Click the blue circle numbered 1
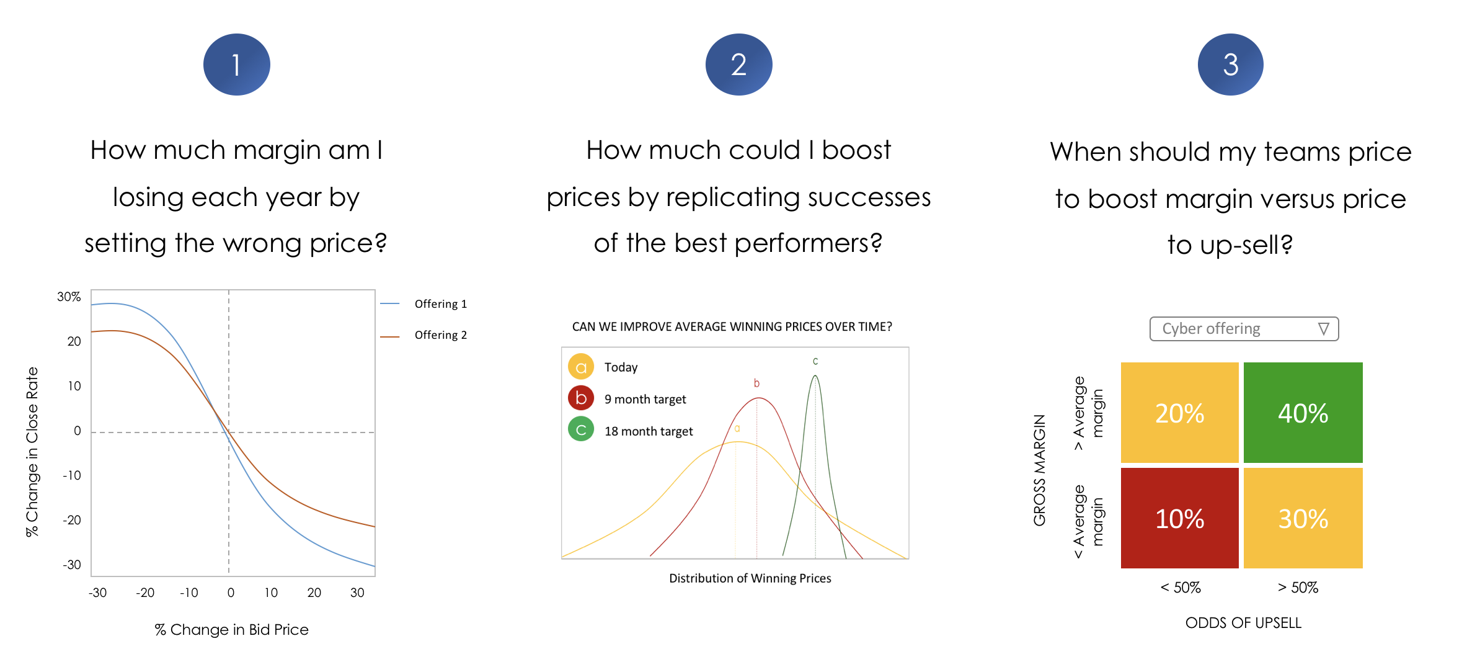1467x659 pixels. coord(236,65)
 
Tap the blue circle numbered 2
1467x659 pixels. coord(738,65)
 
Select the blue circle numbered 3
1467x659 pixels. coord(1231,65)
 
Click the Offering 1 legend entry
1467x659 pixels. coord(424,304)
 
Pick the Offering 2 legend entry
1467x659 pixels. coord(424,335)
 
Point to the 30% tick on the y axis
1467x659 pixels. coord(69,297)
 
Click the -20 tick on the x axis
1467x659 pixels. coord(145,593)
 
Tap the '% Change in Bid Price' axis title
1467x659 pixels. coord(231,630)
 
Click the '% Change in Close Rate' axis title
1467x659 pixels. coord(32,452)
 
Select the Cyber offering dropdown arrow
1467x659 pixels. coord(1324,329)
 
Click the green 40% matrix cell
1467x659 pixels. coord(1303,413)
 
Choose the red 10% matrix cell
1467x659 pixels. coord(1180,518)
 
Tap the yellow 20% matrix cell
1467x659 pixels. coord(1180,413)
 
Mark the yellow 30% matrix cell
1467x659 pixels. coord(1303,518)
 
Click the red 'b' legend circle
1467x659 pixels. coord(581,398)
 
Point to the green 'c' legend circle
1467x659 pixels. coord(581,429)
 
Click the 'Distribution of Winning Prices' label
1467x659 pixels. coord(750,578)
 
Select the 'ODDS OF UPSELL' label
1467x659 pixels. coord(1243,623)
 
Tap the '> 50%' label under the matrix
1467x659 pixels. coord(1298,588)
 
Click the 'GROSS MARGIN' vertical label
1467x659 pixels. coord(1040,470)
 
